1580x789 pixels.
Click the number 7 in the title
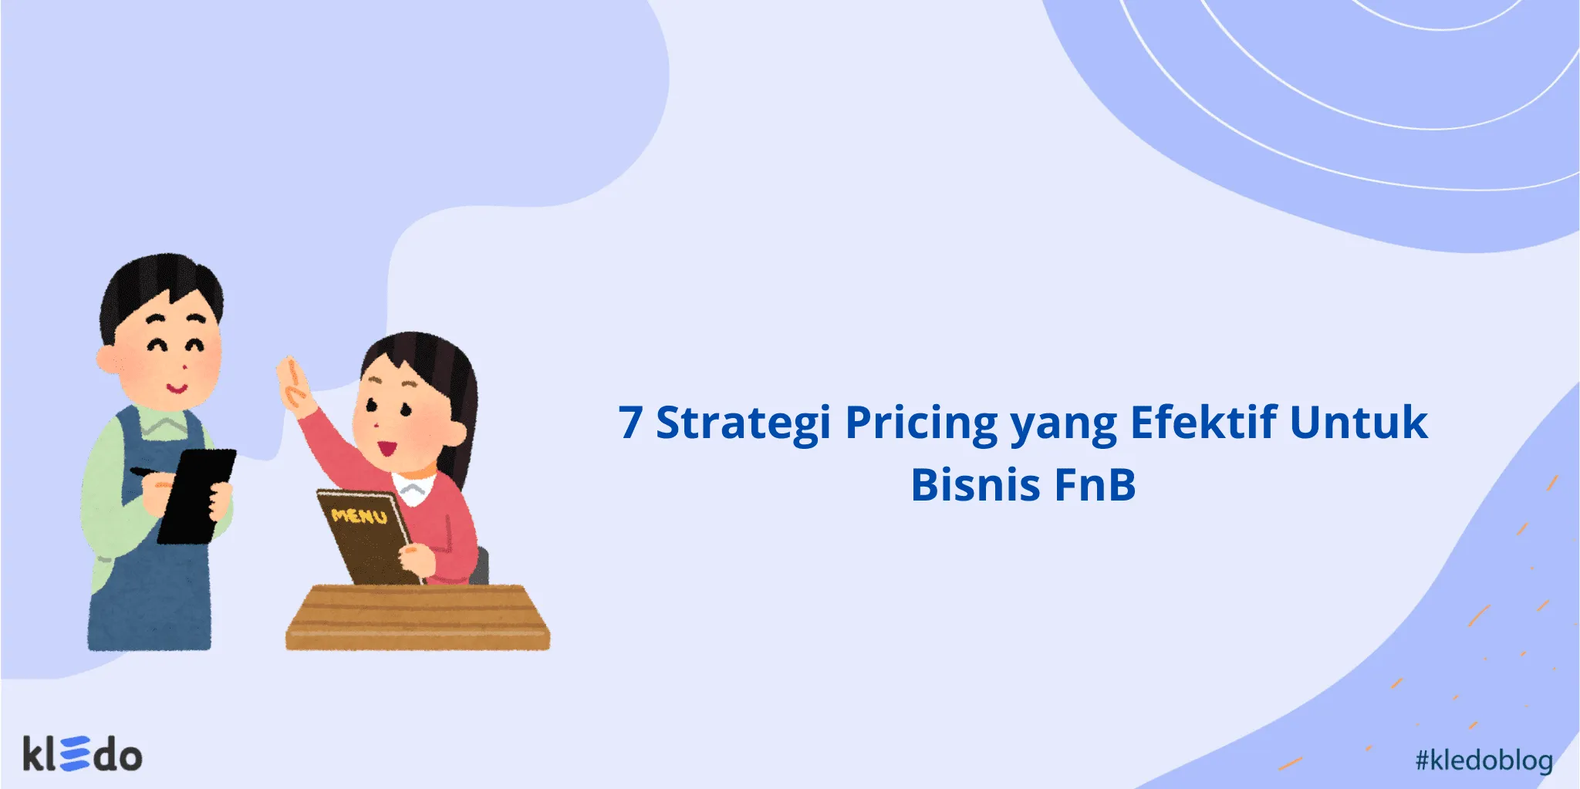(630, 423)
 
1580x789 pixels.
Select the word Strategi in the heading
(743, 423)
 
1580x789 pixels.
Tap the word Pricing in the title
(921, 423)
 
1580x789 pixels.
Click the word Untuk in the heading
(1359, 423)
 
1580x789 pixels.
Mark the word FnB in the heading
(1095, 484)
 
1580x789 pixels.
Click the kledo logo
(83, 754)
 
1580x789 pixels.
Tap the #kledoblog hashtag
(1484, 760)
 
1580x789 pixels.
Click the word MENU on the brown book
(359, 514)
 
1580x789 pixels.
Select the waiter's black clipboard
(197, 494)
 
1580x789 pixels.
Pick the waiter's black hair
(162, 282)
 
